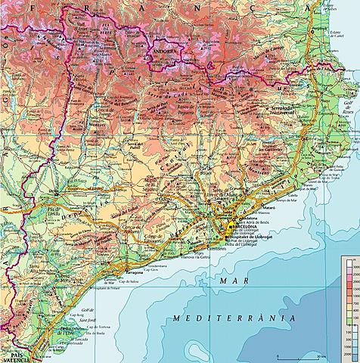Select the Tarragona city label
click(134, 269)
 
